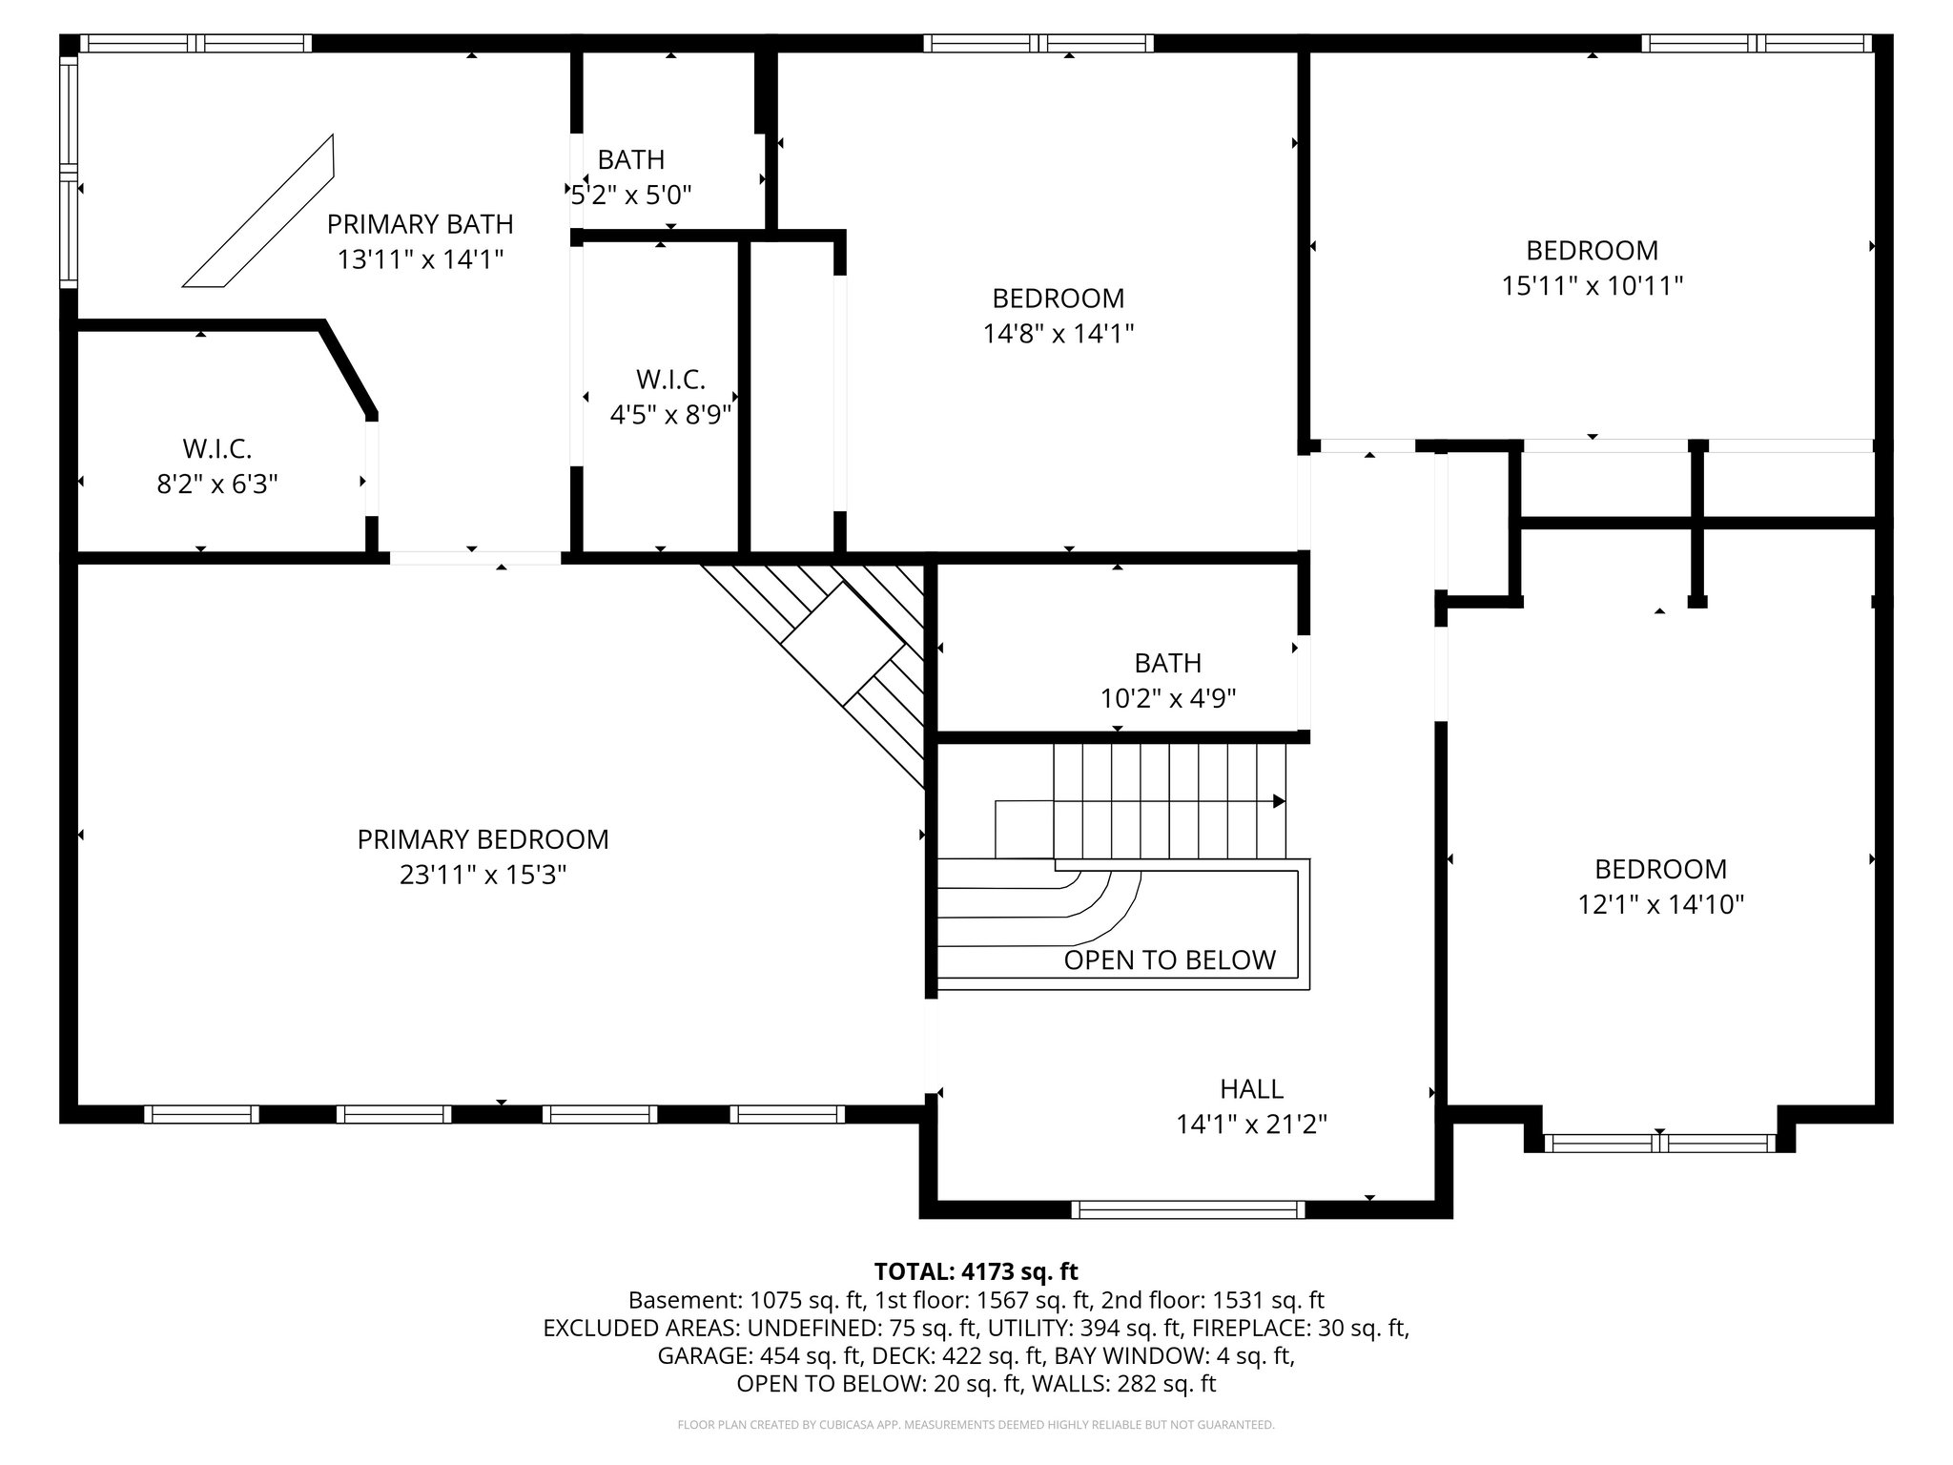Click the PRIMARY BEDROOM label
point(483,839)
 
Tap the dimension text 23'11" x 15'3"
point(483,875)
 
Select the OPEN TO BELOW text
point(1169,959)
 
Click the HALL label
point(1251,1088)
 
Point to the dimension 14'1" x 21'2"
point(1251,1125)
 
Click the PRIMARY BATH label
point(420,224)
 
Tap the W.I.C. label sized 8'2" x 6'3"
point(217,448)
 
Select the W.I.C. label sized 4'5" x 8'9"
point(670,380)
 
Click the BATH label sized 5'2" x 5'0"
point(630,159)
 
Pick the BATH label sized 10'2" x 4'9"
point(1167,663)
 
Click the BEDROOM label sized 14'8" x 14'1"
point(1058,299)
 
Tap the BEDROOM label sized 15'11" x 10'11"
point(1592,250)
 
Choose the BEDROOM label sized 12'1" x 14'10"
point(1660,869)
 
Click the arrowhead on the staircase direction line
point(1279,801)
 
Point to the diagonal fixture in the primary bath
point(259,212)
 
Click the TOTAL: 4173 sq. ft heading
point(976,1271)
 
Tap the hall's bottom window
point(1187,1209)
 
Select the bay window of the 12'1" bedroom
point(1659,1143)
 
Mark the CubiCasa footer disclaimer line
point(976,1425)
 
